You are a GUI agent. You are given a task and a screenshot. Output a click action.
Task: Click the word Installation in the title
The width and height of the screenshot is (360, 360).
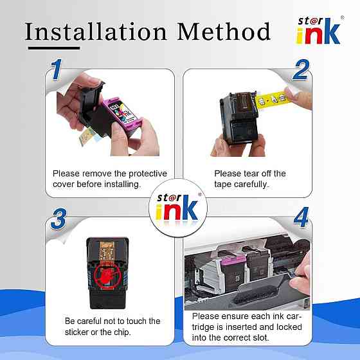tap(96, 32)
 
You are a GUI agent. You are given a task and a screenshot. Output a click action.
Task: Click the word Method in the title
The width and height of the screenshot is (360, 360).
tap(224, 32)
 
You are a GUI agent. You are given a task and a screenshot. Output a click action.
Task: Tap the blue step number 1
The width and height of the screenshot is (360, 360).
tap(57, 69)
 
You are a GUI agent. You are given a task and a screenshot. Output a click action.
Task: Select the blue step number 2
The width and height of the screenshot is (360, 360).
tap(301, 70)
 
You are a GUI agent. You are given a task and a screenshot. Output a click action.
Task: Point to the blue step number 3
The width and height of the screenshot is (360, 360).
tap(59, 219)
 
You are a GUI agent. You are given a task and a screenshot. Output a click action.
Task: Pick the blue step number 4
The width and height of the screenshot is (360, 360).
tap(301, 217)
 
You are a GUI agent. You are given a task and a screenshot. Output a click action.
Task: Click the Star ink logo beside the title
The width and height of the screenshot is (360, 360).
tap(319, 31)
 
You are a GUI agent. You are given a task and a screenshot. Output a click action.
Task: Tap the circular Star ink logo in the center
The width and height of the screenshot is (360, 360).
tap(178, 208)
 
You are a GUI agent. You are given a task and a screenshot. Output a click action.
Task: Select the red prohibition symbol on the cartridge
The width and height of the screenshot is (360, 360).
tap(107, 276)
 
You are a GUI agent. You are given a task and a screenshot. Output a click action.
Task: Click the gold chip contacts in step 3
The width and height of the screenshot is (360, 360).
tap(107, 252)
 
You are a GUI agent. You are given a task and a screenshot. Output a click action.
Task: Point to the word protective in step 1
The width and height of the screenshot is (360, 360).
tap(148, 174)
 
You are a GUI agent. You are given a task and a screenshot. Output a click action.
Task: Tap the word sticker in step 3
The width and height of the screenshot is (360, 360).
tap(76, 332)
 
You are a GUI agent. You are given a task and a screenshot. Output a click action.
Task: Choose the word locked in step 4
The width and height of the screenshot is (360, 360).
tap(289, 327)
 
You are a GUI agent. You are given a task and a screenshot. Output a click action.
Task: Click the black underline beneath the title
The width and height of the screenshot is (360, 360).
tap(54, 48)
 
